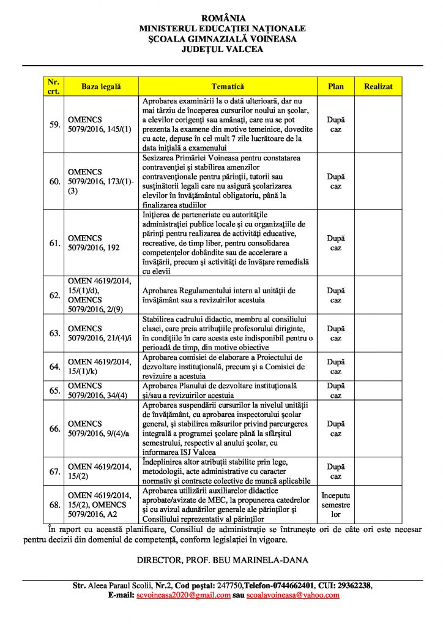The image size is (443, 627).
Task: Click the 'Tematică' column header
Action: coord(228,87)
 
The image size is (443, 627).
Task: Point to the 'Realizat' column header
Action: coord(378,87)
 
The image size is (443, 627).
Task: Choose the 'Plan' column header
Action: coord(336,87)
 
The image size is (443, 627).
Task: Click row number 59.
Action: coord(54,125)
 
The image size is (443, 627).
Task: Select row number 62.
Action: coord(54,295)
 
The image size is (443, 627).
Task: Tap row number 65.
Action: coord(54,391)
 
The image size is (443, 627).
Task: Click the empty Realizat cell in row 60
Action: coord(378,181)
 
